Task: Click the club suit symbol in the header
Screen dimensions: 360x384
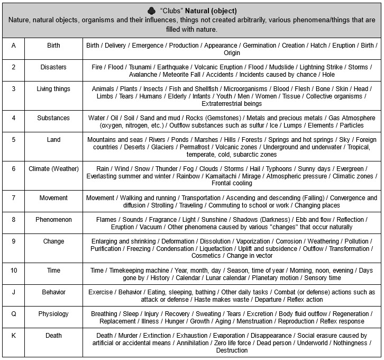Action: [x=152, y=10]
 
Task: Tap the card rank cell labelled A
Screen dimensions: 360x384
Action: [x=13, y=46]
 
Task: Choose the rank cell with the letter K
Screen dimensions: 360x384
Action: [x=13, y=335]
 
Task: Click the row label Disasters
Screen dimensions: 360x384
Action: [x=53, y=67]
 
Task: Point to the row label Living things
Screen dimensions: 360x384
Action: [x=53, y=89]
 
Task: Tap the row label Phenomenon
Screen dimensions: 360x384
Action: [x=53, y=220]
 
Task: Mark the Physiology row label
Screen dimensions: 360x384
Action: [x=53, y=314]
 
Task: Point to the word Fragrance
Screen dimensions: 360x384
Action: [x=170, y=220]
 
